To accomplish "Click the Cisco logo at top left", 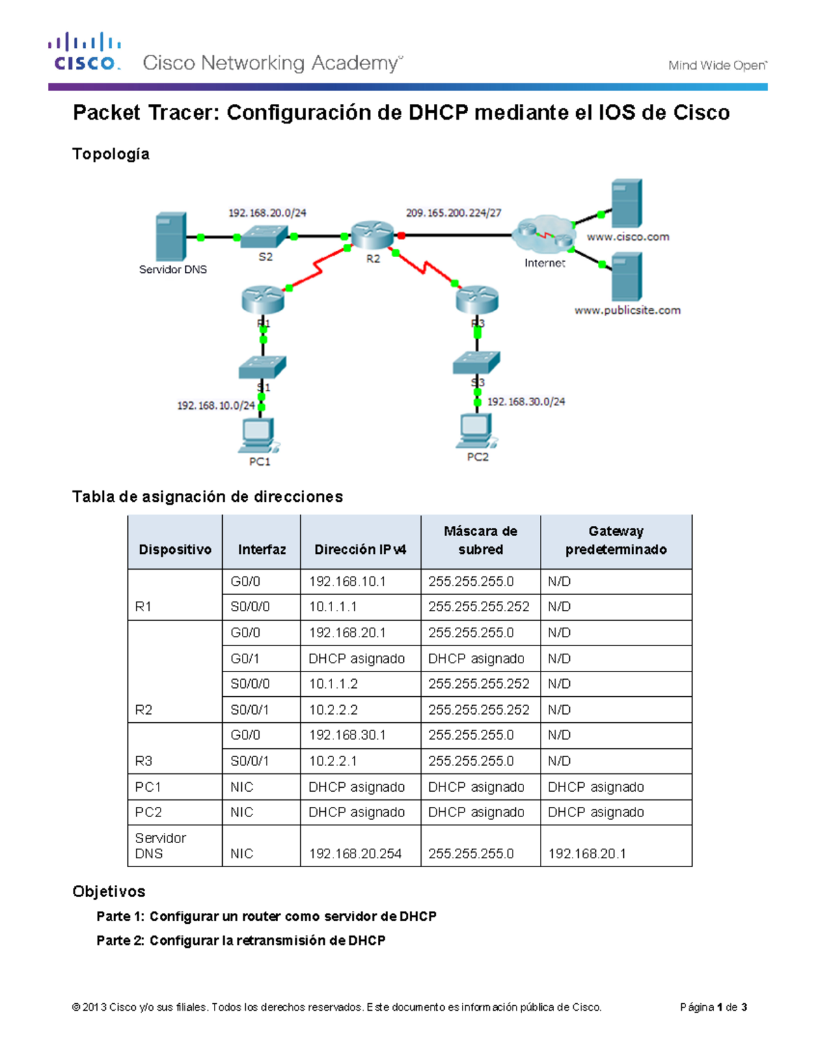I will click(85, 52).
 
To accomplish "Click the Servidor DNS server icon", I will click(171, 237).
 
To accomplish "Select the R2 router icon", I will click(372, 235).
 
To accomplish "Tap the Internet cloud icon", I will click(545, 235).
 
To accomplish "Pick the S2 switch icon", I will click(264, 236).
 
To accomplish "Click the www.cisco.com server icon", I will click(626, 203).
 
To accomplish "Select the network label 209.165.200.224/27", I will click(453, 213).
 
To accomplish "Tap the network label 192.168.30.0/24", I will click(525, 401).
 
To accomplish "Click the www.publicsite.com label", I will click(627, 310).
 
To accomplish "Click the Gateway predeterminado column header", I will click(616, 540).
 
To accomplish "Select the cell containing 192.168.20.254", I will click(355, 853).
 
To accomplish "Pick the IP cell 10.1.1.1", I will click(333, 607).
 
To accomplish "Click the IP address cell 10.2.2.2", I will click(333, 710).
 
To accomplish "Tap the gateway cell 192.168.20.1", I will click(586, 853).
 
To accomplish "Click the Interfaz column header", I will click(262, 549).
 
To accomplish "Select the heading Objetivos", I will click(109, 891).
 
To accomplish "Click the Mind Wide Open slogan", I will click(717, 66).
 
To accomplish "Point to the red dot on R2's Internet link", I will click(402, 236).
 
